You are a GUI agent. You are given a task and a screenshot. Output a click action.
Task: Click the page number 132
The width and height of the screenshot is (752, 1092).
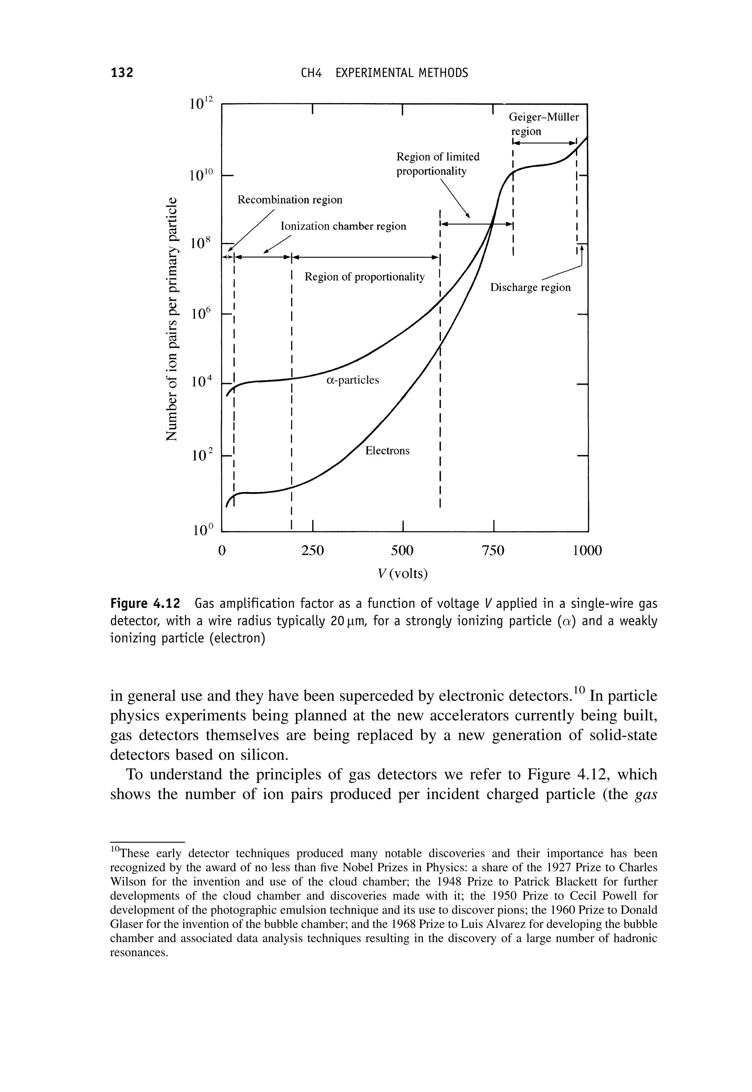pos(122,73)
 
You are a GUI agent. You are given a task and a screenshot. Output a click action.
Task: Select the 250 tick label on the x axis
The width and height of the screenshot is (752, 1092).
pos(313,550)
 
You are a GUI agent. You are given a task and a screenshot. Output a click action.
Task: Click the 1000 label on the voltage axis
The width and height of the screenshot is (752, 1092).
pos(587,550)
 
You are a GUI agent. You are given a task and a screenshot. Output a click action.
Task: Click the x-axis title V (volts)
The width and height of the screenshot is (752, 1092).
pos(403,574)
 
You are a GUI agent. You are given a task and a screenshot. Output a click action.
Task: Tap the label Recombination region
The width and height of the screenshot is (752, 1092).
pos(290,200)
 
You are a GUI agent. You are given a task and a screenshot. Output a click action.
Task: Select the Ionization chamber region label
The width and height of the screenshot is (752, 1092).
pos(343,227)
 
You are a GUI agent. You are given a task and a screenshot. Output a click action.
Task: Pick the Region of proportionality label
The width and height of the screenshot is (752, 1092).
pos(364,276)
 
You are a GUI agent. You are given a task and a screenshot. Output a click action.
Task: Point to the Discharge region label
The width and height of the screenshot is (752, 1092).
pos(530,288)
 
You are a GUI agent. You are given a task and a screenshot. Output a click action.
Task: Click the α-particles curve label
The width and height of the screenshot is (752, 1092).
pos(352,380)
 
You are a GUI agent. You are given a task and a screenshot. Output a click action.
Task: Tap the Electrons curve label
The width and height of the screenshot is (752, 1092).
pos(387,451)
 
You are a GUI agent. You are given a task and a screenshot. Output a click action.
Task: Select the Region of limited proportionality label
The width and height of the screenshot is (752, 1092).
pos(437,163)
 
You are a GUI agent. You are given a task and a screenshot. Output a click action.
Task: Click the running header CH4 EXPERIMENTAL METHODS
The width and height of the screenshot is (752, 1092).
pos(384,73)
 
